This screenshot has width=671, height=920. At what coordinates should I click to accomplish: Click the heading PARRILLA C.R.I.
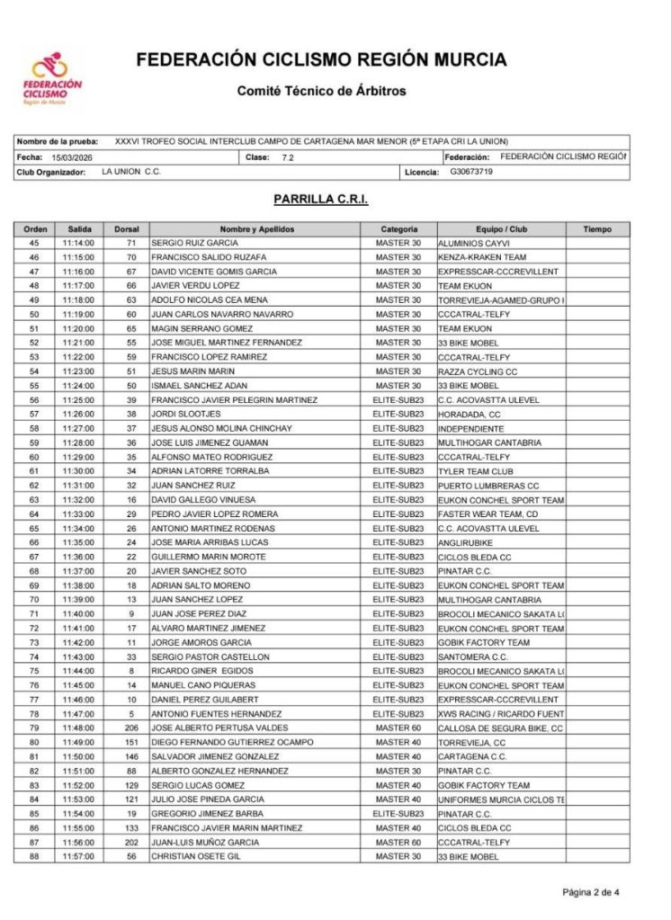(321, 200)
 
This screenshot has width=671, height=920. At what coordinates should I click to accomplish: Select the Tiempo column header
(596, 229)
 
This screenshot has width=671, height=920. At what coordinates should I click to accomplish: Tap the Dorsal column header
(127, 229)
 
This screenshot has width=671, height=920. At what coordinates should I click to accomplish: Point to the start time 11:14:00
(79, 243)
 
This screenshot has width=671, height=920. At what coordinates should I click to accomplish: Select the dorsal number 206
(130, 728)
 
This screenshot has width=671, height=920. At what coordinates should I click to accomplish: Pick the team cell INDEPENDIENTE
(471, 428)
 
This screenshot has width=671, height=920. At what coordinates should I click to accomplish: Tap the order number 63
(34, 499)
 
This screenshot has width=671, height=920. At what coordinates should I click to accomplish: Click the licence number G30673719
(471, 171)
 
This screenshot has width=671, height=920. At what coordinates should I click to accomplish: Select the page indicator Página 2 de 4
(591, 893)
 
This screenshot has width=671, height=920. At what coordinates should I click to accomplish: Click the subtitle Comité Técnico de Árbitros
(321, 91)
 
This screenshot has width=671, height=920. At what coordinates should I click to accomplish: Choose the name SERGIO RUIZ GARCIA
(194, 243)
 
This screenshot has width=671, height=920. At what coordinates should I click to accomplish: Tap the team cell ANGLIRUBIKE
(468, 542)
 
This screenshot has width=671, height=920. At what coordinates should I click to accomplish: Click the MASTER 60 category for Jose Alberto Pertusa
(398, 728)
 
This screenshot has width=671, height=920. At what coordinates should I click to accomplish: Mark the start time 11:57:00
(79, 856)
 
